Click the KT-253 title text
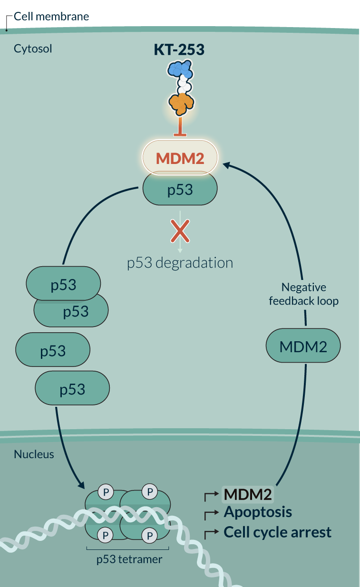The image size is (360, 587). coord(179,49)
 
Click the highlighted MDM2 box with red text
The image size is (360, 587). coord(180,158)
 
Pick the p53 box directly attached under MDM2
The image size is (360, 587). coord(180,190)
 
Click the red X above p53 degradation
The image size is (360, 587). coord(180,231)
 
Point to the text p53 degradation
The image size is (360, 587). coord(180,263)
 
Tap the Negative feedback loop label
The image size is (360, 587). coord(303,294)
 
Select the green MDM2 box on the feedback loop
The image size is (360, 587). coord(303,346)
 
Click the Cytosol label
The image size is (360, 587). coord(33,48)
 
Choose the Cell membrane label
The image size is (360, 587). coord(51,17)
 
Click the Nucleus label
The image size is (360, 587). coord(34,454)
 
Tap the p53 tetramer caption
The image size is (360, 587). coord(129,559)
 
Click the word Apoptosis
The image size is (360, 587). coord(258,512)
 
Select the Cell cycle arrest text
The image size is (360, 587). coord(277,532)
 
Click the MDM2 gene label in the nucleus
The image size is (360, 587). coord(248,494)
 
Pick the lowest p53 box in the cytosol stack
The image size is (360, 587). coord(72,389)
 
